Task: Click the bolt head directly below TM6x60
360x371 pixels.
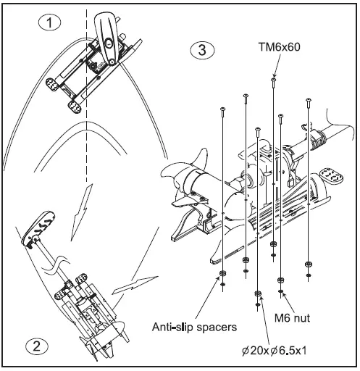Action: click(273, 80)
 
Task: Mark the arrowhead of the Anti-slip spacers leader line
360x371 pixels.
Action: click(222, 279)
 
